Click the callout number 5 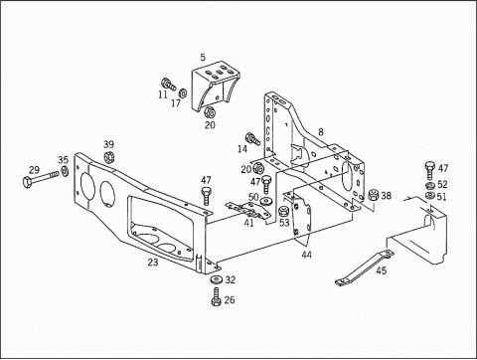[x=203, y=58]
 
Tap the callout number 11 [x=162, y=95]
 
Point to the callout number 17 [x=176, y=102]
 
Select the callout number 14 [x=241, y=148]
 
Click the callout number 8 [x=320, y=131]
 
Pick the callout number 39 [x=108, y=144]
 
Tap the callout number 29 [x=33, y=170]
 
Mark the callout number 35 [x=63, y=159]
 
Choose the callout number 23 [x=152, y=264]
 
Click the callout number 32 [x=231, y=280]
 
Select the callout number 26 [x=230, y=300]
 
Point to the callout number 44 [x=306, y=256]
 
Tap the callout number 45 [x=382, y=269]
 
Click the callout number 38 [x=387, y=196]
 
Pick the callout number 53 [x=284, y=223]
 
